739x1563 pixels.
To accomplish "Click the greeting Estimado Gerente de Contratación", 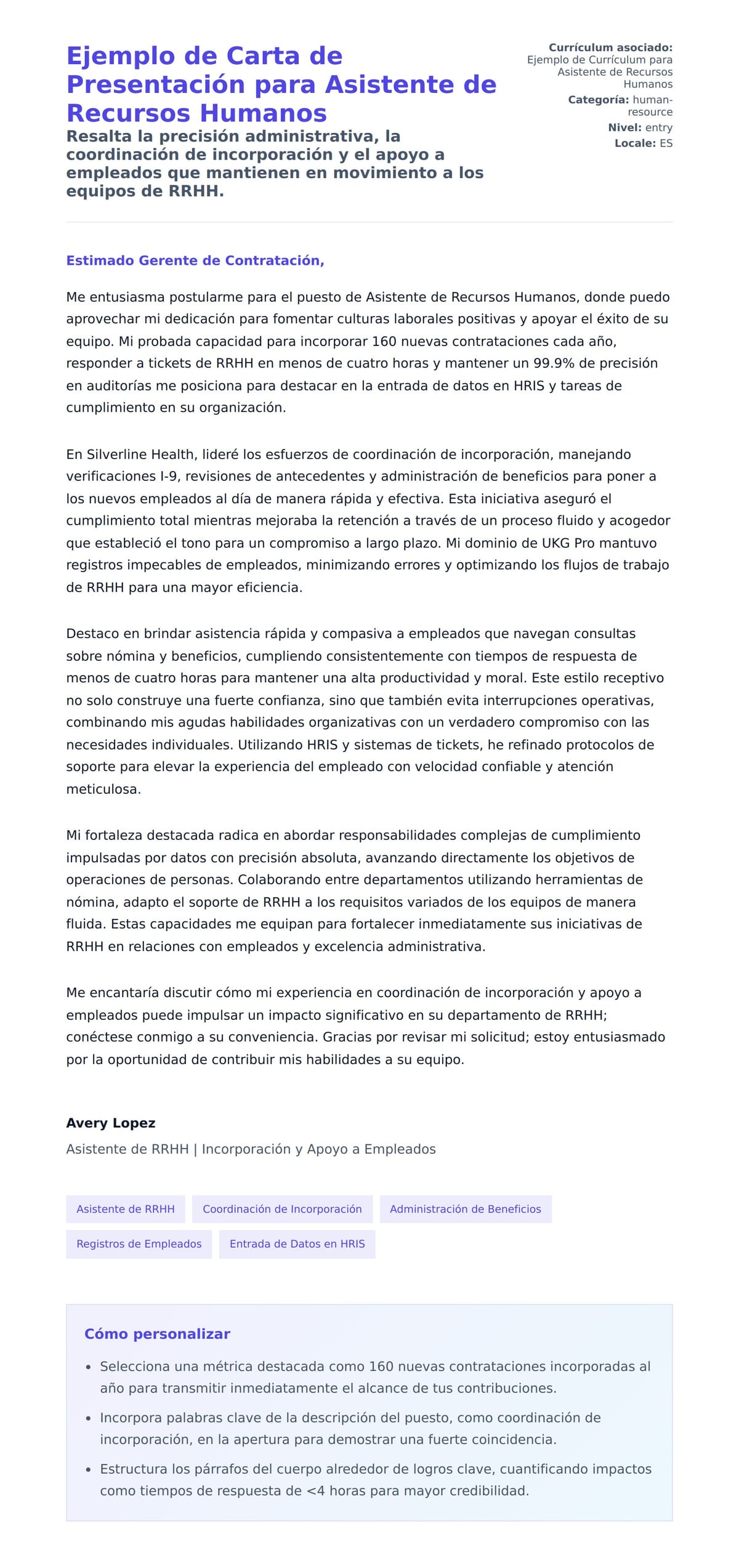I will click(x=195, y=260).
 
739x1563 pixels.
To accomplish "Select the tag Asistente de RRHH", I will click(x=126, y=1209).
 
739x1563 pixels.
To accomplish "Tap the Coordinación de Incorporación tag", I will click(x=282, y=1209).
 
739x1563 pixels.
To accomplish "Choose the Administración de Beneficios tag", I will click(x=465, y=1209).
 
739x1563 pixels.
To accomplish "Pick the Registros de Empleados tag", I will click(x=139, y=1243).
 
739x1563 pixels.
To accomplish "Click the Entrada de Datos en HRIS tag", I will click(x=297, y=1243).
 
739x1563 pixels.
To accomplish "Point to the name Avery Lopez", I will click(x=111, y=1123).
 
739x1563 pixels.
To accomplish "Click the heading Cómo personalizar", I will click(x=157, y=1333).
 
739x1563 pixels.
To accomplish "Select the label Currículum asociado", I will click(x=610, y=47).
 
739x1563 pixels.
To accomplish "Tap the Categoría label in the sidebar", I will click(x=598, y=100).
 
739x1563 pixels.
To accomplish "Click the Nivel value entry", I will click(x=658, y=127).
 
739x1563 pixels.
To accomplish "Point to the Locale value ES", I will click(x=666, y=143).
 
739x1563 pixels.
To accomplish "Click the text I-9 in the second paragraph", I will click(x=169, y=477).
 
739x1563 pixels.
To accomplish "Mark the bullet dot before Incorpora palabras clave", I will click(x=88, y=1418).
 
